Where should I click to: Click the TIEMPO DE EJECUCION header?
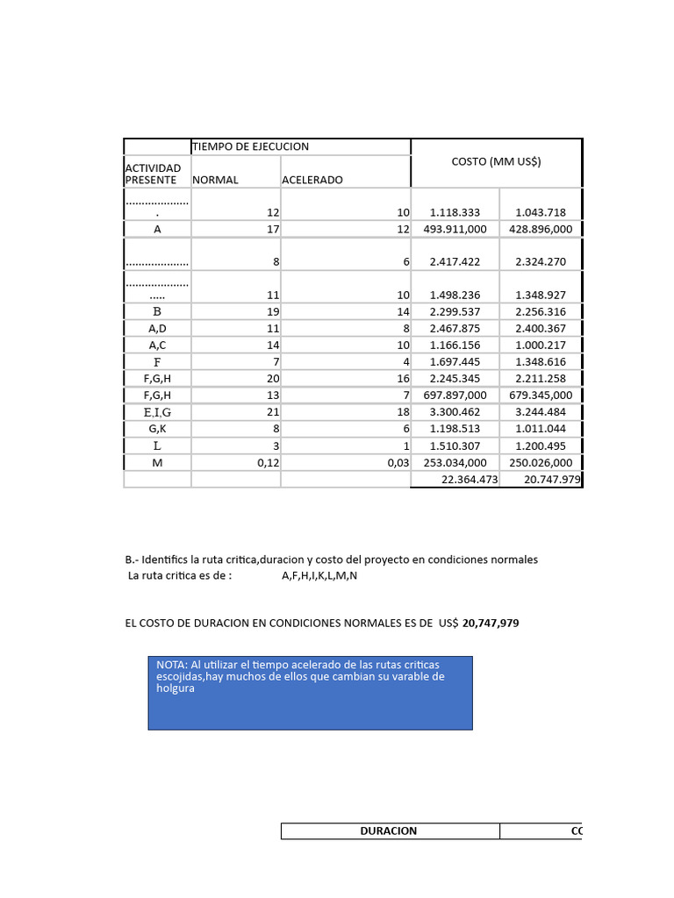point(250,146)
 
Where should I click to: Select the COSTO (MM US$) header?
point(496,161)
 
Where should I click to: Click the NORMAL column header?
point(215,180)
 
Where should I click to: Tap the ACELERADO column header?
point(312,180)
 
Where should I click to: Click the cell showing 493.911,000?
point(454,229)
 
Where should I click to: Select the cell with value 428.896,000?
point(540,229)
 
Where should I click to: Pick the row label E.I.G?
point(157,412)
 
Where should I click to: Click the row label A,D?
point(157,328)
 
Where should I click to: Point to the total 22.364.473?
point(469,480)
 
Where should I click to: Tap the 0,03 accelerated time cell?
point(398,463)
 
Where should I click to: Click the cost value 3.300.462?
point(455,412)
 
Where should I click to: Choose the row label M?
point(157,463)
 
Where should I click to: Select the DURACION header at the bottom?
point(389,830)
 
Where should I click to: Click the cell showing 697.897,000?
point(454,396)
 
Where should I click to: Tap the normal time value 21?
point(272,412)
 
